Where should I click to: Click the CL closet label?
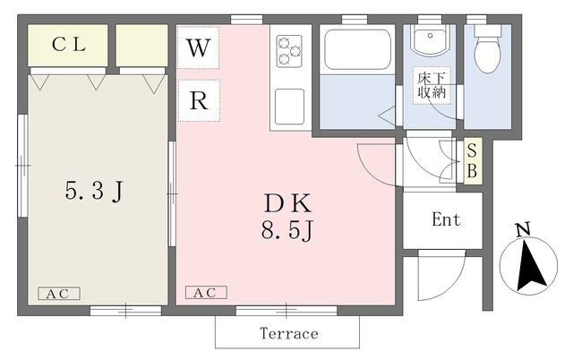click(69, 45)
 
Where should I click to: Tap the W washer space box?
click(199, 47)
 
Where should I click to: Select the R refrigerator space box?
click(199, 100)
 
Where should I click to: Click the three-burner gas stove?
click(289, 51)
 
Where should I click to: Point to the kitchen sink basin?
click(289, 107)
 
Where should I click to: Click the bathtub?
click(357, 50)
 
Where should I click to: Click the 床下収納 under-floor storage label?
click(432, 86)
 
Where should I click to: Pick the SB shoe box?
click(473, 161)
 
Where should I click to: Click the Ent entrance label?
click(446, 219)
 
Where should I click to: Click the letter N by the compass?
click(523, 229)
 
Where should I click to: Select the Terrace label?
click(288, 333)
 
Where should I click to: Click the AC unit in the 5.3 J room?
click(59, 294)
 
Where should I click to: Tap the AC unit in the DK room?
click(206, 292)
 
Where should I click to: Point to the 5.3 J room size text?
click(94, 192)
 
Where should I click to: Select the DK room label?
click(288, 203)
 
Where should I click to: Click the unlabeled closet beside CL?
click(142, 46)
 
